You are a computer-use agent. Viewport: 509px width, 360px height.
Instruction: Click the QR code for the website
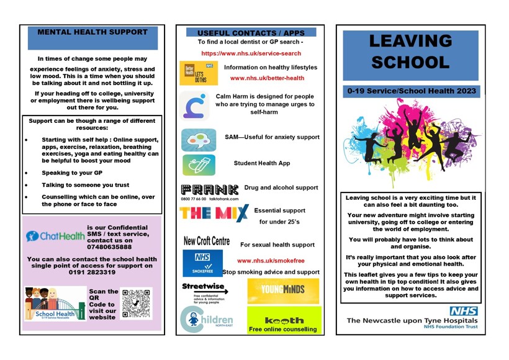point(137,304)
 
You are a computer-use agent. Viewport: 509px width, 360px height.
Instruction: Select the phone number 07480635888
point(110,246)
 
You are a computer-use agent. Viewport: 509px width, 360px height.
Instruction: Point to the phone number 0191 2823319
point(93,272)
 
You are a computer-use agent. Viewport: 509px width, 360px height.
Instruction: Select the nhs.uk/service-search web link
point(251,53)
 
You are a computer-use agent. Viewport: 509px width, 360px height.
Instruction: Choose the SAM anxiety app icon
point(199,140)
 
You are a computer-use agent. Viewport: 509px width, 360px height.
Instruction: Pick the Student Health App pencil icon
point(199,165)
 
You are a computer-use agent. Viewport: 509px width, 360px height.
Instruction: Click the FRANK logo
point(210,189)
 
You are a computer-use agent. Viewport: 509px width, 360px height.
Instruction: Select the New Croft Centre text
point(207,241)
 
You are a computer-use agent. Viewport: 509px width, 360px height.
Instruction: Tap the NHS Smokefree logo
point(202,263)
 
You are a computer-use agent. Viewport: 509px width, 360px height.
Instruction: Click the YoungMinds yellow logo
point(283,290)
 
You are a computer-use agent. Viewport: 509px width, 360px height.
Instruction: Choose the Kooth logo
point(283,320)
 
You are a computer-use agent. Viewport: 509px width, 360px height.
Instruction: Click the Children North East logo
point(206,320)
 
